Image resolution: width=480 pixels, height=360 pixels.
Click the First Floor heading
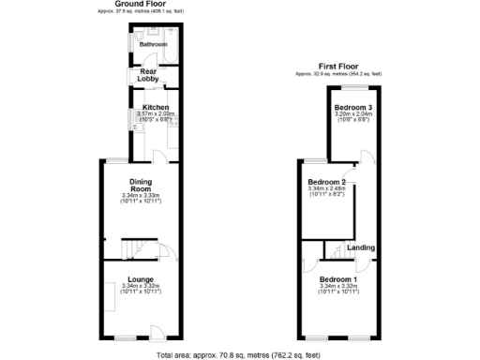339,66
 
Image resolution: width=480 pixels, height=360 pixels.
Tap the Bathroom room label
153,44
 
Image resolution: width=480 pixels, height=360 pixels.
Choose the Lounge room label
142,279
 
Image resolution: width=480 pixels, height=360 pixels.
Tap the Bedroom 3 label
353,109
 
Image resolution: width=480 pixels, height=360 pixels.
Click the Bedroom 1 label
338,280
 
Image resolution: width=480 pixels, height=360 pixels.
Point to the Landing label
361,247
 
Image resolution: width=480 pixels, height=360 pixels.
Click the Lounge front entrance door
158,330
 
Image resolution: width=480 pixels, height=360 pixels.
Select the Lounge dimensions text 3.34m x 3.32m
142,286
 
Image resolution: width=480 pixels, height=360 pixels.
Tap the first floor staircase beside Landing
333,249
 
